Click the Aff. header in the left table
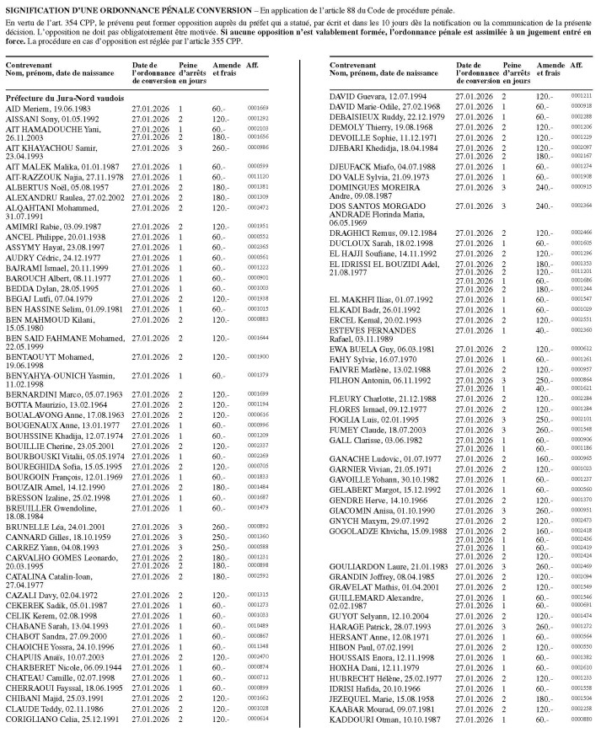pos(252,65)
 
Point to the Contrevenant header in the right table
pos(355,65)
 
